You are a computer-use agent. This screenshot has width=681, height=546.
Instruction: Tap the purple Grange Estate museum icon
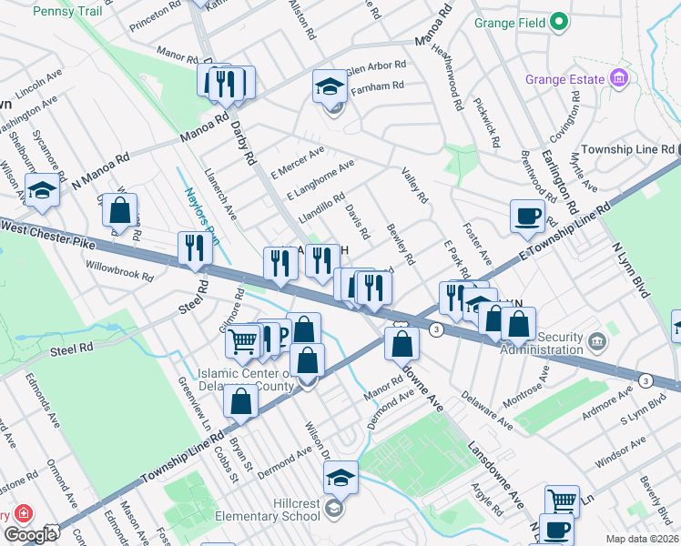pos(620,79)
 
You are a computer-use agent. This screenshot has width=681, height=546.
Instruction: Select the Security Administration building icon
pos(596,342)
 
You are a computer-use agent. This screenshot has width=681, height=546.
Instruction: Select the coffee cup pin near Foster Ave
pos(527,217)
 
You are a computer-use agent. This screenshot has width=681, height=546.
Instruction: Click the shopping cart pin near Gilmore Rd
pos(243,341)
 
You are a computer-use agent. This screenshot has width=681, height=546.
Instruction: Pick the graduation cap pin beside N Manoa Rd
pos(41,191)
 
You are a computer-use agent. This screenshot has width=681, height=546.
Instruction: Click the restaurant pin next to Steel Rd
pos(194,248)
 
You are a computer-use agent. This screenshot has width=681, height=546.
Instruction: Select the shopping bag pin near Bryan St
pos(240,402)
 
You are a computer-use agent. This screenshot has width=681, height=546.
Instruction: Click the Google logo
pos(29,535)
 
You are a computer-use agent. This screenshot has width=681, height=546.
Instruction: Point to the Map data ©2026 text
pos(641,539)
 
